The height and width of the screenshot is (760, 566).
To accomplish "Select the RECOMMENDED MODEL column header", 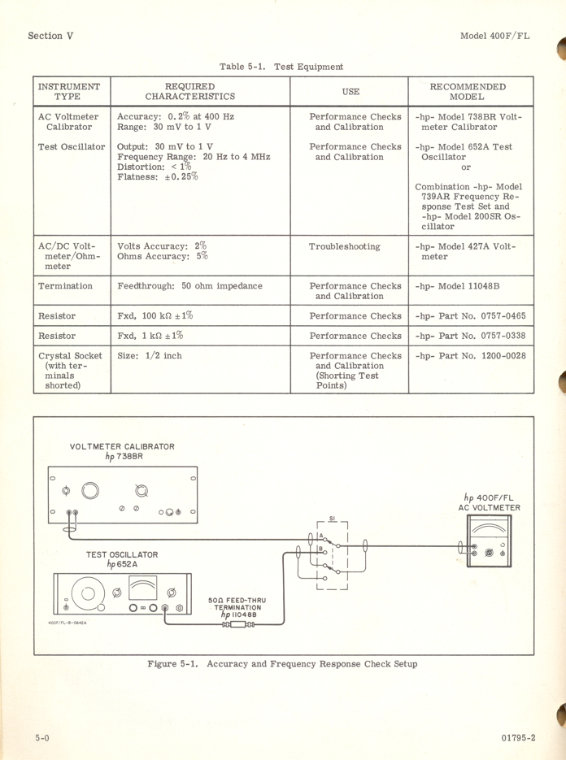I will (x=467, y=91).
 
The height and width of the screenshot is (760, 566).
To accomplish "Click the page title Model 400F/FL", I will (x=494, y=36).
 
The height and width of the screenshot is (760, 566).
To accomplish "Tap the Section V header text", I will (x=50, y=36).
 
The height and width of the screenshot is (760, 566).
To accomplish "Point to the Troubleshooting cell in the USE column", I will (x=344, y=246).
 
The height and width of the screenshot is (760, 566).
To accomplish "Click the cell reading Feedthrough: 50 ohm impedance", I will (x=189, y=286).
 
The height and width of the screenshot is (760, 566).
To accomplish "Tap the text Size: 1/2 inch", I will (x=150, y=356).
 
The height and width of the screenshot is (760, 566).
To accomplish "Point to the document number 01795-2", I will (x=519, y=738).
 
